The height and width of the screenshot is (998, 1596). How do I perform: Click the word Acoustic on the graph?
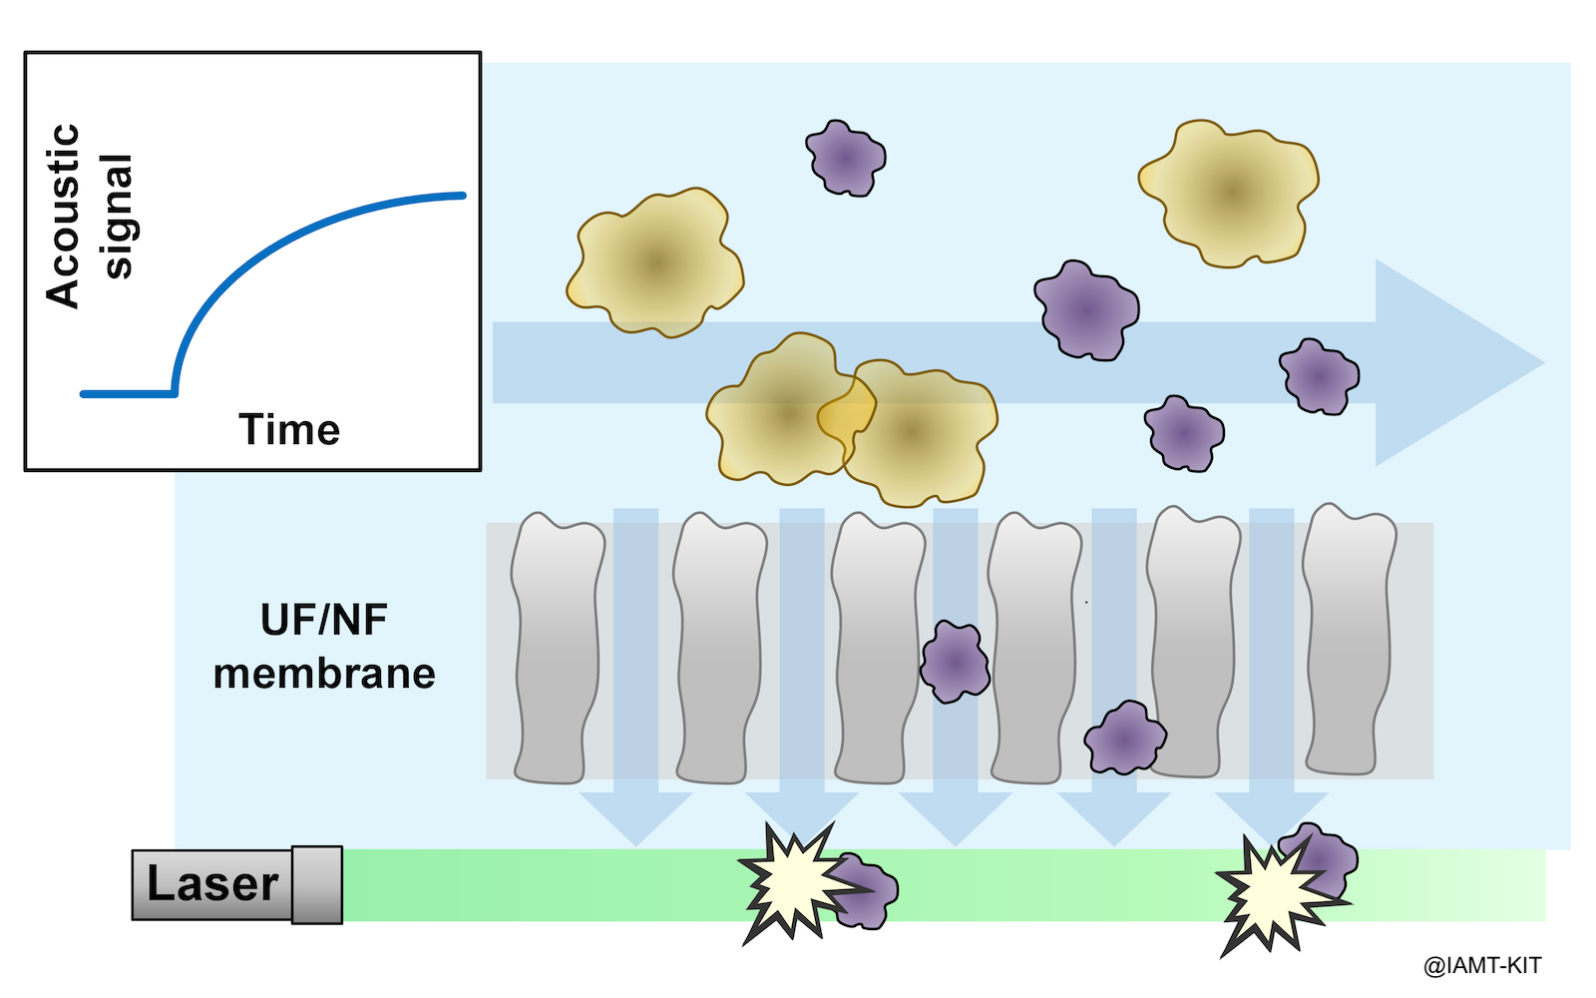pyautogui.click(x=63, y=216)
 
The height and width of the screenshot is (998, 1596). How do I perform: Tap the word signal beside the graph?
pyautogui.click(x=118, y=216)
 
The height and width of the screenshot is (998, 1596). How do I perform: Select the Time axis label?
pyautogui.click(x=289, y=430)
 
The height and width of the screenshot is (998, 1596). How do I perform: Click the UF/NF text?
pyautogui.click(x=324, y=621)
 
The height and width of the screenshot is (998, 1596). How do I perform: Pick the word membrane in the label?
pyautogui.click(x=324, y=675)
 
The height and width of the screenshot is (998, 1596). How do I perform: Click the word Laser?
pyautogui.click(x=212, y=884)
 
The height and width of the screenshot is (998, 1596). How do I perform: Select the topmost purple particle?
pyautogui.click(x=845, y=158)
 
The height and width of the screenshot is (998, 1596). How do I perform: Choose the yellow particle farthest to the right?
pyautogui.click(x=1230, y=193)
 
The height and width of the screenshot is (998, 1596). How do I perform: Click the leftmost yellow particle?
pyautogui.click(x=655, y=261)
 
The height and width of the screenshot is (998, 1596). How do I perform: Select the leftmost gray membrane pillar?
pyautogui.click(x=557, y=649)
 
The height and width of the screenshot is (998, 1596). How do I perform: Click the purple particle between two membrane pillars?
pyautogui.click(x=955, y=662)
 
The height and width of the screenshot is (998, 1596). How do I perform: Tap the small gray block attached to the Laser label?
pyautogui.click(x=317, y=884)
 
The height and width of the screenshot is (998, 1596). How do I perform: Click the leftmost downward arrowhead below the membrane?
pyautogui.click(x=635, y=816)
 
